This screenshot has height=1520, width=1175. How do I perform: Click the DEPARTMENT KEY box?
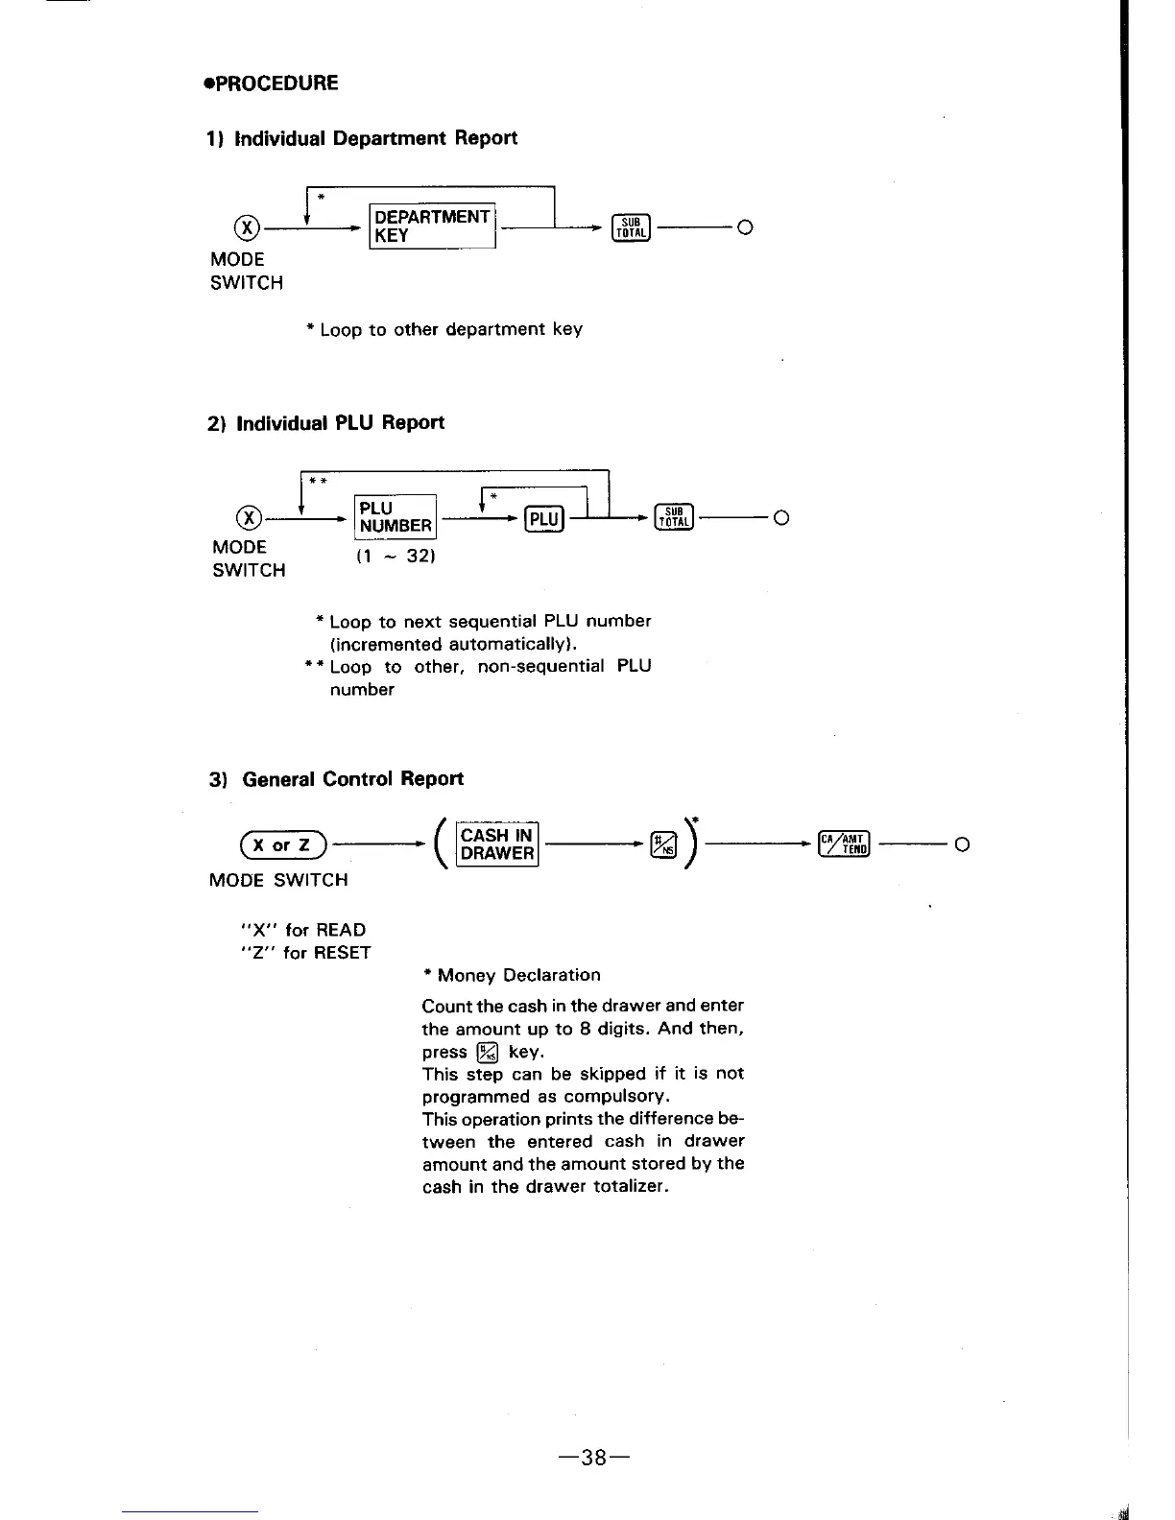(x=432, y=226)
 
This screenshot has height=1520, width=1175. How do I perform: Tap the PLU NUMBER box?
(x=396, y=517)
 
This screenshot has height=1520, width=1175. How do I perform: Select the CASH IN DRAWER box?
(x=497, y=844)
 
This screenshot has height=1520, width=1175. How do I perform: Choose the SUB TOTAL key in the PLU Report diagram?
(x=674, y=517)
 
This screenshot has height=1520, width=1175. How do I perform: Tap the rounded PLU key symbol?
(x=544, y=519)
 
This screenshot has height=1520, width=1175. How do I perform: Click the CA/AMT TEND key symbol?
(x=845, y=844)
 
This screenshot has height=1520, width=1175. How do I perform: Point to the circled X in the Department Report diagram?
(x=248, y=227)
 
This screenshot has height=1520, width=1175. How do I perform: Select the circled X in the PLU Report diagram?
(x=249, y=518)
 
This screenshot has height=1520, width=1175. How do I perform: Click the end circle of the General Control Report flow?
(x=963, y=844)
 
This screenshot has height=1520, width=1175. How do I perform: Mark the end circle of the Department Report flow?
(x=745, y=227)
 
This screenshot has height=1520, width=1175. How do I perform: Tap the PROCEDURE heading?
(x=272, y=83)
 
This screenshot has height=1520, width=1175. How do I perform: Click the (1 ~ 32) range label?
(x=396, y=556)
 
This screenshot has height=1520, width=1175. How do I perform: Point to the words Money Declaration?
(x=518, y=975)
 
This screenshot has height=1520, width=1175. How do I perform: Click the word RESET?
(x=341, y=953)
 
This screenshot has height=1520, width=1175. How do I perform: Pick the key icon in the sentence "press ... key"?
(x=488, y=1053)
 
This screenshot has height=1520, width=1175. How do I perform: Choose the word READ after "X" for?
(x=341, y=930)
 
